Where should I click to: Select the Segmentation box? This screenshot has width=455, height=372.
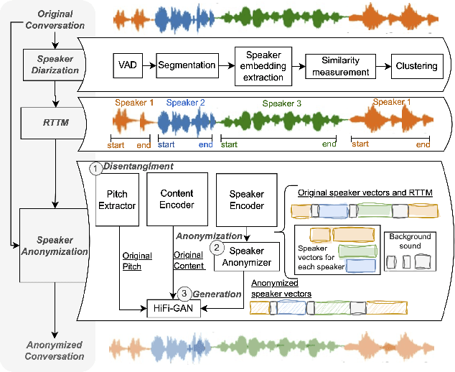coord(186,65)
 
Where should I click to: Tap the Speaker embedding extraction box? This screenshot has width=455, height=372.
coord(265,65)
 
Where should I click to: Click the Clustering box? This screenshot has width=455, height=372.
coord(416,66)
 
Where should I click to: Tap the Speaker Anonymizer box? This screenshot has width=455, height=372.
coord(246,257)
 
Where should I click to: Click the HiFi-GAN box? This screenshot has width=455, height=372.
coord(174,307)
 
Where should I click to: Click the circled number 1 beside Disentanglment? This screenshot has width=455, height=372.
coord(95,167)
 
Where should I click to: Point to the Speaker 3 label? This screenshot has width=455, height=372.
coord(281,103)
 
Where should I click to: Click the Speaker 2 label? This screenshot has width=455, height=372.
coord(185,103)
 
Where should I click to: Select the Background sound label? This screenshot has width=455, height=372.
coord(410,241)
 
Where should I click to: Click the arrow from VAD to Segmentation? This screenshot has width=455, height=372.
coord(146,65)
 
